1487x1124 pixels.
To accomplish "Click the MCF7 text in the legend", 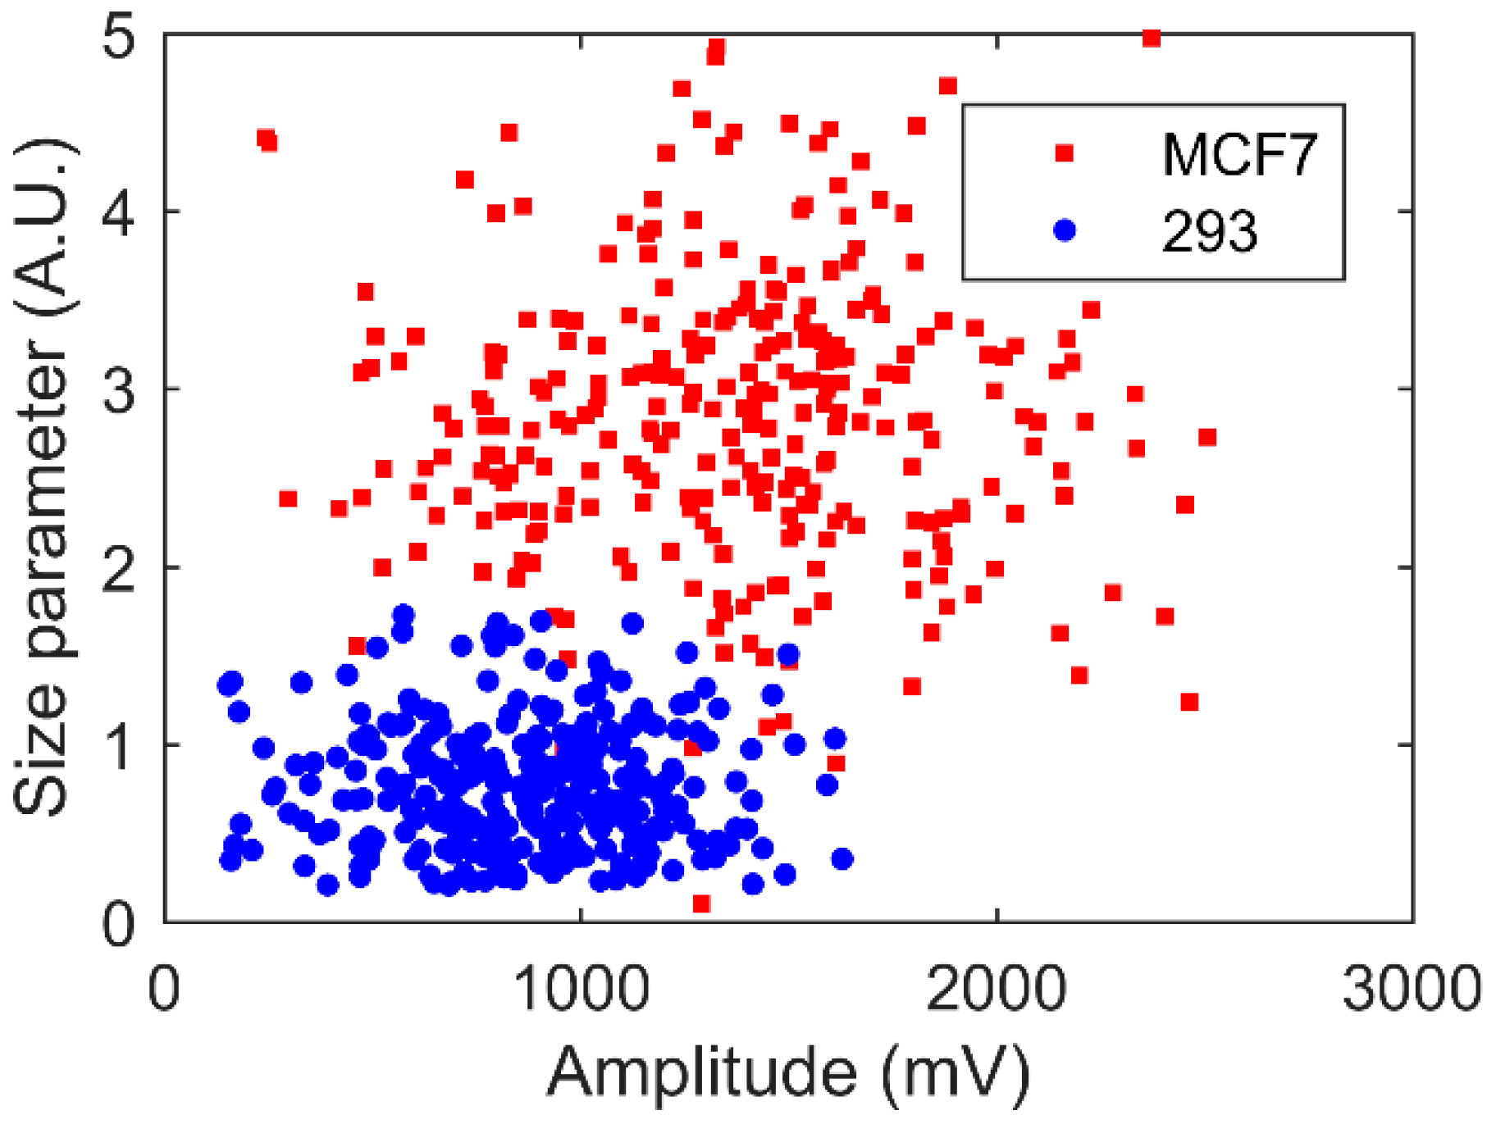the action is [1238, 154].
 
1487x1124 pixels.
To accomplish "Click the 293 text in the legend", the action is [1209, 231].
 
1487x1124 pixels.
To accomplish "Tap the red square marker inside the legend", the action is [1064, 153].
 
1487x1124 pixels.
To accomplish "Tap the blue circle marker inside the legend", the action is [1064, 230].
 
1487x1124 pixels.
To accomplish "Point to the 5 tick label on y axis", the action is [120, 38].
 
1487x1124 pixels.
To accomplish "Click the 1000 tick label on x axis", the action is [582, 989].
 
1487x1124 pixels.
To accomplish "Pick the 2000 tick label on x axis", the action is [996, 989].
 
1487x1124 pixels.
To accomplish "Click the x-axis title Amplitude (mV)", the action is [787, 1072].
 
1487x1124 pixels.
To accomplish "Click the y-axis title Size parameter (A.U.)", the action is [45, 476].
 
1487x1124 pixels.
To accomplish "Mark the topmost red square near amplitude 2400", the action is [1152, 38].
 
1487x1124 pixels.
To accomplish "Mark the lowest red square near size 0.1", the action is [701, 903].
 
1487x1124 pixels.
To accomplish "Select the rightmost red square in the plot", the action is [1206, 438].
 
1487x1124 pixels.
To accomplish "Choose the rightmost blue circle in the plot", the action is [842, 859].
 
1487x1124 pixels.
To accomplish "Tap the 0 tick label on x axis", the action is [164, 989].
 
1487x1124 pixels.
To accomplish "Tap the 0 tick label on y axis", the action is [120, 923].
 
